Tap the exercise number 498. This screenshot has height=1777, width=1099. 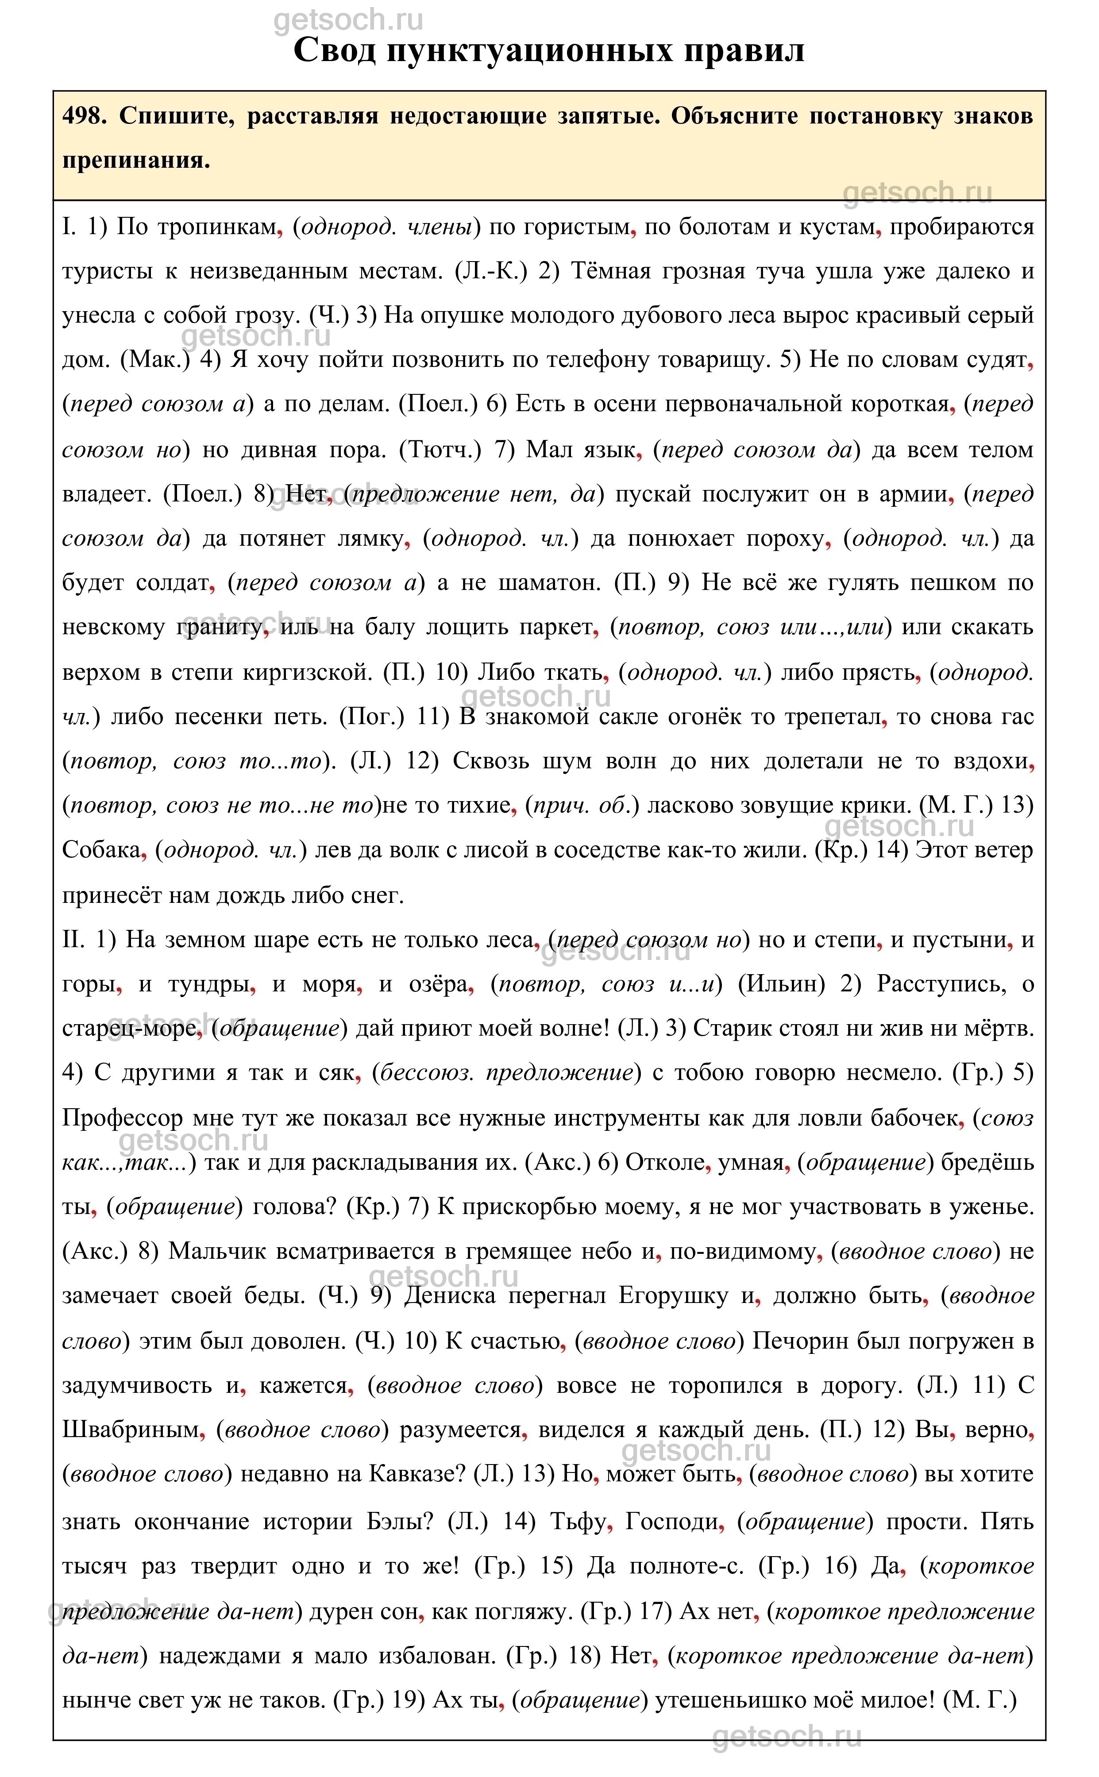pyautogui.click(x=84, y=116)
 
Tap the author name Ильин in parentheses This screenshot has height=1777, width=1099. pyautogui.click(x=781, y=984)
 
